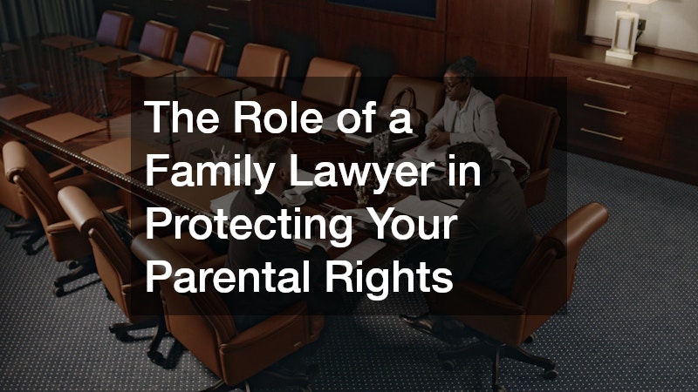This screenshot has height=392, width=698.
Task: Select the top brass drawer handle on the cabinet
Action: point(608,83)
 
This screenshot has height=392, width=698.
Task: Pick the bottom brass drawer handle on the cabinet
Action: point(602,134)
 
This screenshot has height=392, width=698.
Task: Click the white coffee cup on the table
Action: point(294,195)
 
